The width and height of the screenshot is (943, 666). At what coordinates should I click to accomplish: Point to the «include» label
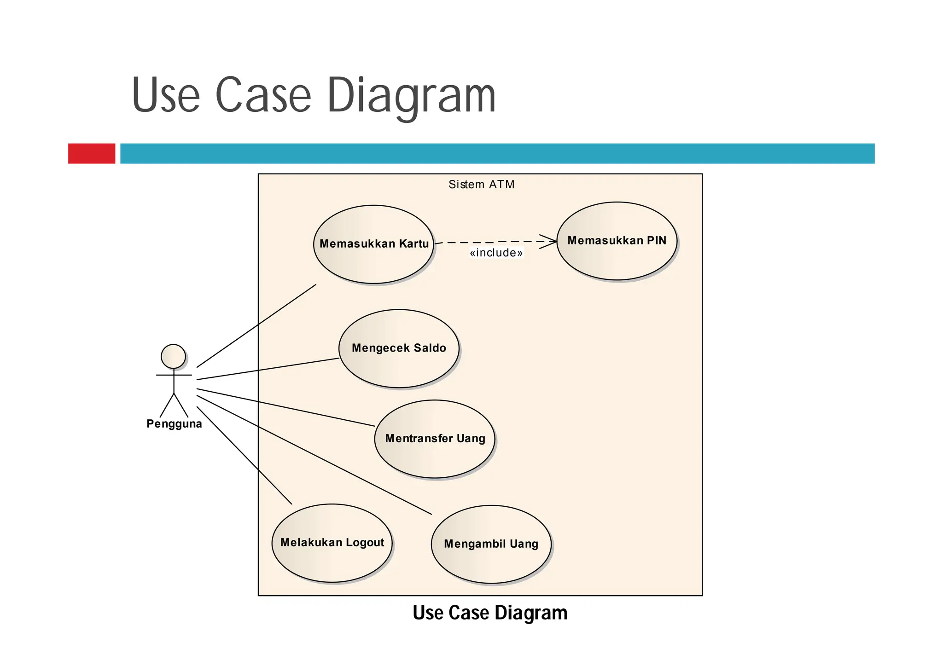click(x=496, y=253)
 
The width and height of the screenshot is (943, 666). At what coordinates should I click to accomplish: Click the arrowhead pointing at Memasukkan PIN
click(x=550, y=242)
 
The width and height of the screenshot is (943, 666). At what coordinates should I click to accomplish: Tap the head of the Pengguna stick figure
click(x=173, y=356)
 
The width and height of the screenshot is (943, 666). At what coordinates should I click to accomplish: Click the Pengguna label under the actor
click(x=174, y=424)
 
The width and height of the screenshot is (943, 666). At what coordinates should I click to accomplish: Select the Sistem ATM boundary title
click(x=481, y=185)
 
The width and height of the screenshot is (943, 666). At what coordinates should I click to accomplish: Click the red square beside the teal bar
click(x=92, y=153)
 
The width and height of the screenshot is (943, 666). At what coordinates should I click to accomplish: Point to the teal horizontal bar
click(x=497, y=153)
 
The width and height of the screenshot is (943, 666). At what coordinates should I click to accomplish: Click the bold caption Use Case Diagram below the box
click(x=490, y=613)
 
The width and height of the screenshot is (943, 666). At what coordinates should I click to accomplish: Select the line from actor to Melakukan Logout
click(x=244, y=455)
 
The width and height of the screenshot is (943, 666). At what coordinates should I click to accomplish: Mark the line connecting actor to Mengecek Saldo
click(x=268, y=369)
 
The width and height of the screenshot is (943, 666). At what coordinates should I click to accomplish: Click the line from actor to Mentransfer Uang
click(x=285, y=407)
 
